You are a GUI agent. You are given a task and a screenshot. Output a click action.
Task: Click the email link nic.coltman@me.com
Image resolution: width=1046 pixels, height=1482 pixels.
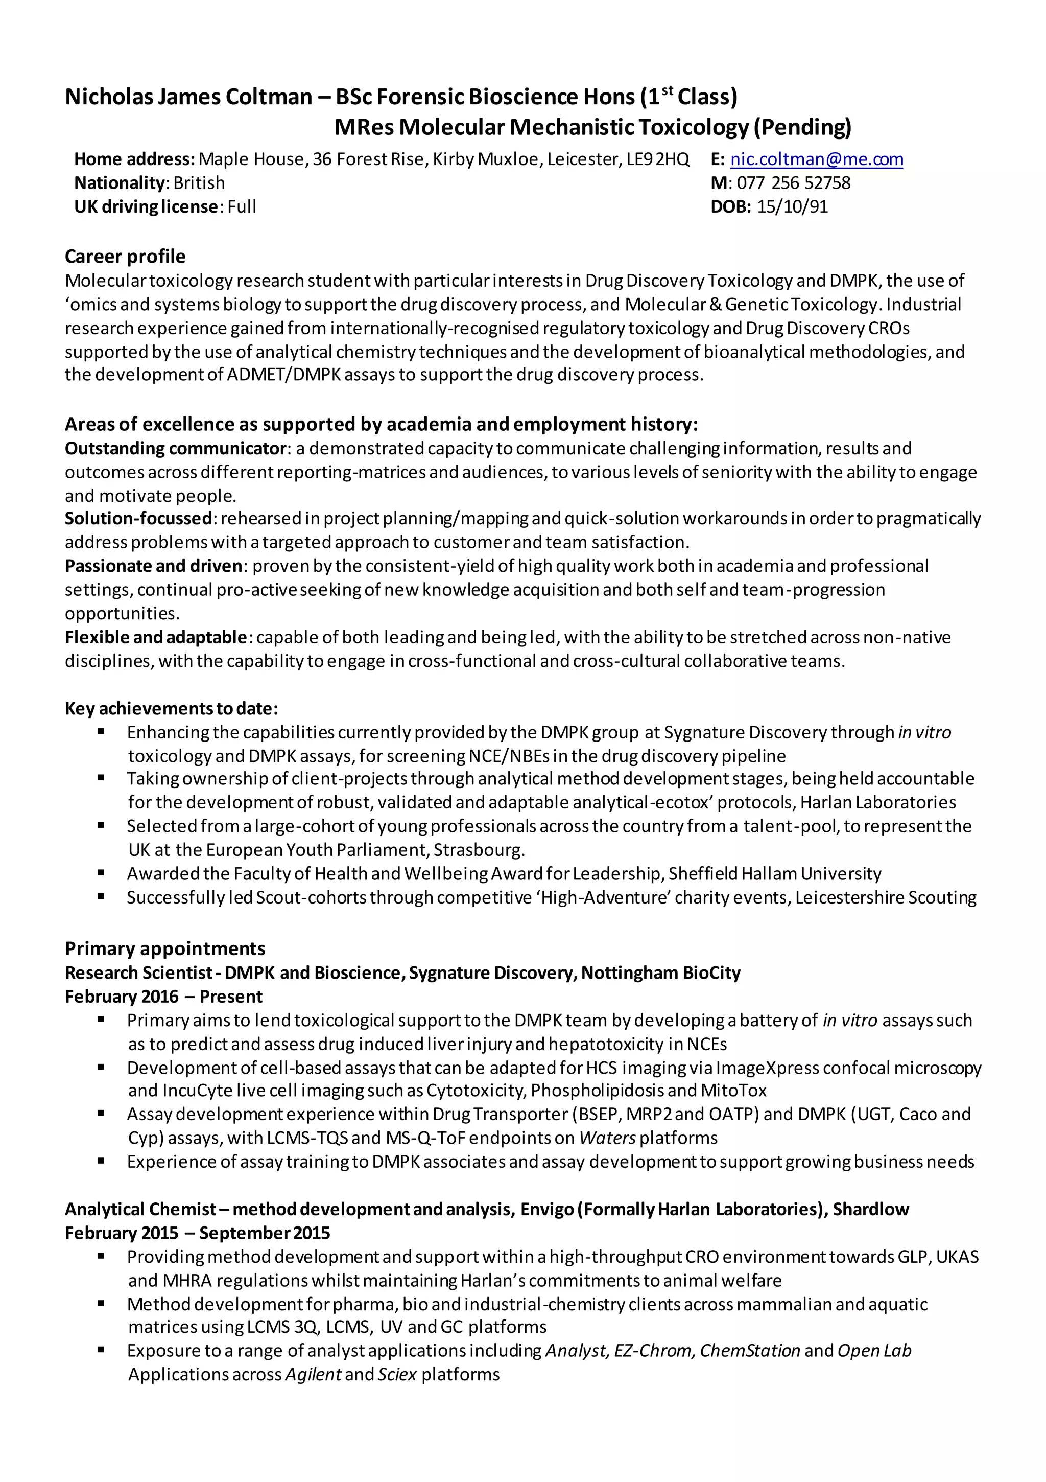pyautogui.click(x=816, y=159)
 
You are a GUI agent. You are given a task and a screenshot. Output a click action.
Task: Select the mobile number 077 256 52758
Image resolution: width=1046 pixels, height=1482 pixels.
pyautogui.click(x=793, y=183)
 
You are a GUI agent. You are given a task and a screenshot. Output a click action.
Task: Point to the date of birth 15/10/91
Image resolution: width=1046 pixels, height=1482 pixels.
pyautogui.click(x=792, y=207)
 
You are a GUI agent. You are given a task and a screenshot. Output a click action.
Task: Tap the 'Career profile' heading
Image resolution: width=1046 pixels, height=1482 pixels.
pyautogui.click(x=125, y=257)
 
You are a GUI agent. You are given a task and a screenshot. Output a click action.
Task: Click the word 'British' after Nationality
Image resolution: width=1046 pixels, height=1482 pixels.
pyautogui.click(x=199, y=183)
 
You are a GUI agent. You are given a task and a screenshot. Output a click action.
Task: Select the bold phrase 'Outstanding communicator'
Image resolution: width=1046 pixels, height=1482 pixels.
pyautogui.click(x=176, y=449)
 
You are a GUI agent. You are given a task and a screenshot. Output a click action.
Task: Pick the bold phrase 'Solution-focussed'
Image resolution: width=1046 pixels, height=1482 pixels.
pyautogui.click(x=138, y=518)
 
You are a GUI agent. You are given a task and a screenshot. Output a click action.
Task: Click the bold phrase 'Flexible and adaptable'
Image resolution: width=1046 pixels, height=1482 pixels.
pyautogui.click(x=155, y=638)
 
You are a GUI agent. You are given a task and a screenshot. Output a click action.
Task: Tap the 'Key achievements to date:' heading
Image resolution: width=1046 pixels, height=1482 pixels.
pyautogui.click(x=171, y=709)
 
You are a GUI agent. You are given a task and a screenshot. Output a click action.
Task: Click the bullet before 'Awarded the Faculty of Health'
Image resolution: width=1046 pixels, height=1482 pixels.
pyautogui.click(x=101, y=873)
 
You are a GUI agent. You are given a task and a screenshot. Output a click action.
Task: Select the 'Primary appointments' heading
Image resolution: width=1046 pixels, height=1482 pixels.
pyautogui.click(x=164, y=949)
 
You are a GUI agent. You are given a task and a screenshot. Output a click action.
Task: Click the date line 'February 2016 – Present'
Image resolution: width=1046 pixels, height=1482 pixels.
pyautogui.click(x=163, y=997)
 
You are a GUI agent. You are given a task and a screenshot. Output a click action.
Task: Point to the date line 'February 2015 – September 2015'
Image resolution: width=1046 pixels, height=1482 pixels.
pyautogui.click(x=197, y=1234)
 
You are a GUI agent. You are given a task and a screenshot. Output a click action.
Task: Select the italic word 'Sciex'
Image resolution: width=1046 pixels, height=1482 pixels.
pyautogui.click(x=397, y=1375)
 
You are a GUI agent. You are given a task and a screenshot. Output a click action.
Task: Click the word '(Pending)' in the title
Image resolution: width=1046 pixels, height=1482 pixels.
pyautogui.click(x=802, y=127)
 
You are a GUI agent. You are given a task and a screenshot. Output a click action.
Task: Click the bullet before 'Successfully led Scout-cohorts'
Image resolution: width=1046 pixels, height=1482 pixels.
pyautogui.click(x=101, y=897)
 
